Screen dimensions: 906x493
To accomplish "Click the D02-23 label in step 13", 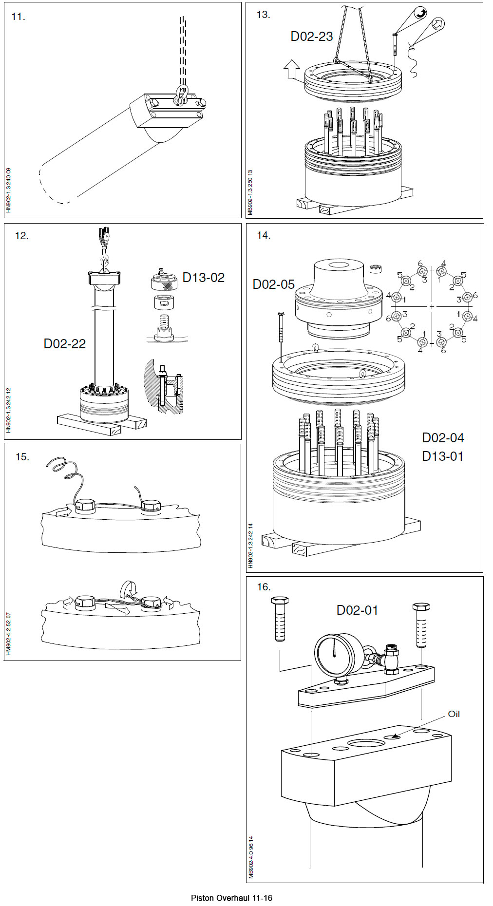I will click(x=312, y=37).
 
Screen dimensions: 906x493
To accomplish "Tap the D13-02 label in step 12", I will click(x=204, y=278).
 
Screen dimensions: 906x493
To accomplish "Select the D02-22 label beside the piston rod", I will click(x=65, y=344).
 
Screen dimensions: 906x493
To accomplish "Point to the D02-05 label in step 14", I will click(x=274, y=284).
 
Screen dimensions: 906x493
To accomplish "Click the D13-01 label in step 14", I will click(x=442, y=456).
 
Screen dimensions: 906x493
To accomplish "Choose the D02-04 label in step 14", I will click(x=442, y=437).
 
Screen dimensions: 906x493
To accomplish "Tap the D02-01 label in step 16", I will click(x=357, y=610).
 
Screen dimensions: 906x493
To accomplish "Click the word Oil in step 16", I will click(x=454, y=714).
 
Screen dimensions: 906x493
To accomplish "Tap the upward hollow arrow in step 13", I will click(x=291, y=69).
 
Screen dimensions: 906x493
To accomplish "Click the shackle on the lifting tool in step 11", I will click(x=181, y=95).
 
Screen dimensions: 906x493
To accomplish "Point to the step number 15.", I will click(x=22, y=457).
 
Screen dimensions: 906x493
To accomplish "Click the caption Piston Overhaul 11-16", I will click(x=231, y=898).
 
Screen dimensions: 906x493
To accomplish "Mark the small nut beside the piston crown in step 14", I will click(x=376, y=268).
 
